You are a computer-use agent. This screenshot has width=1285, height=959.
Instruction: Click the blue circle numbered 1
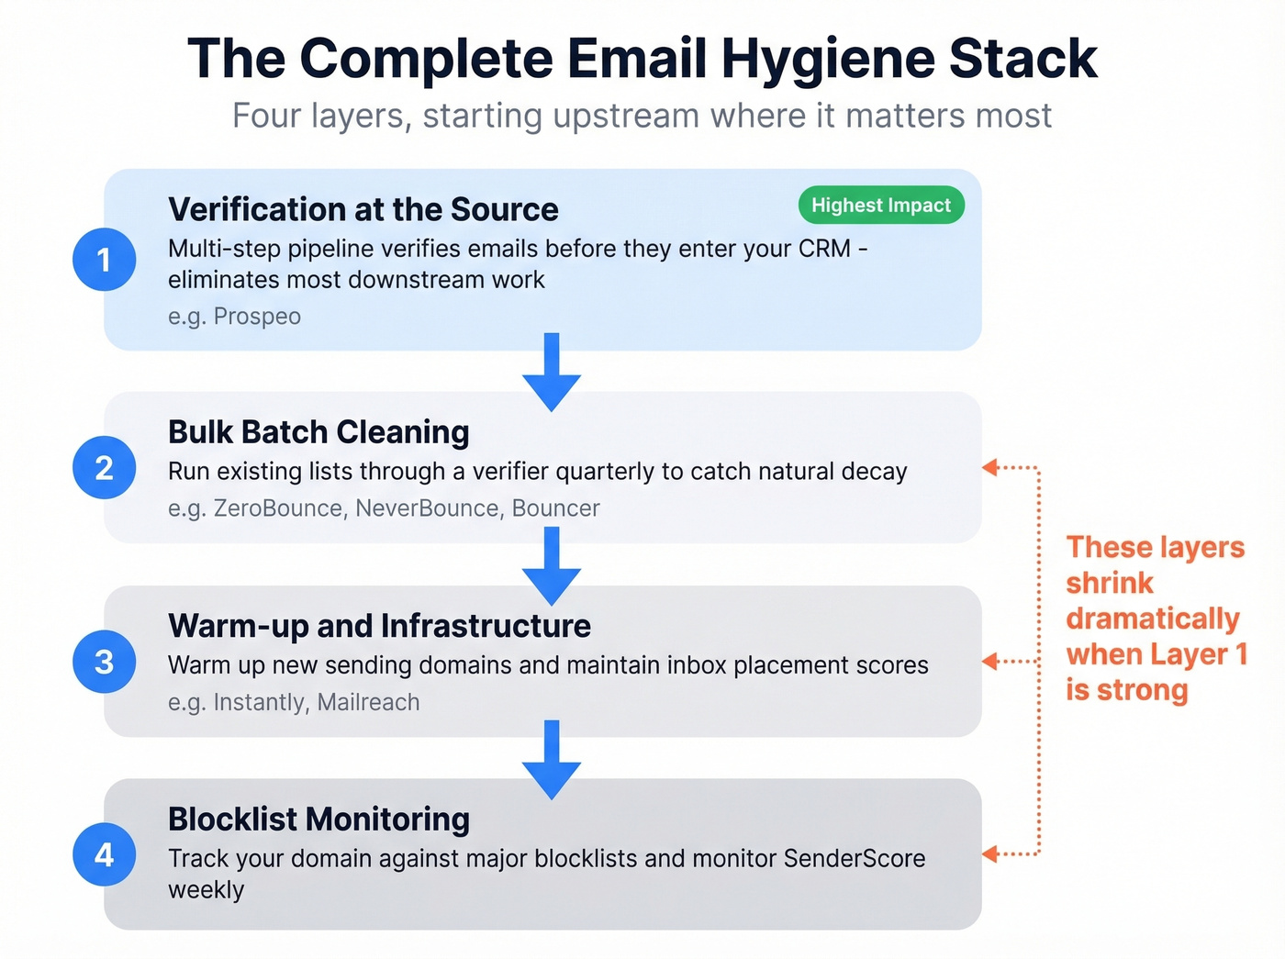point(105,260)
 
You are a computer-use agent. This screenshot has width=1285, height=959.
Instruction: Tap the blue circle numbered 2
point(105,468)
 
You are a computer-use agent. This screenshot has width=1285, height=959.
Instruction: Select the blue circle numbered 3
point(105,662)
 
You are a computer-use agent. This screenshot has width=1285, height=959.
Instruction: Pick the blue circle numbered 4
point(105,855)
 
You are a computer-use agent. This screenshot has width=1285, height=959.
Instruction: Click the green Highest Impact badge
point(881,206)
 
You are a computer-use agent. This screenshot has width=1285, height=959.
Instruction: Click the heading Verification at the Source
point(363,209)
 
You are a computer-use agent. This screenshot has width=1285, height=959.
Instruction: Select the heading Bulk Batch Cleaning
point(318,431)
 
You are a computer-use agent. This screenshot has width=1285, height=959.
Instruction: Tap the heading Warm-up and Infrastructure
point(379,626)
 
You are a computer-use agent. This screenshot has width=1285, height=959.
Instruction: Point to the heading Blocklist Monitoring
point(318,819)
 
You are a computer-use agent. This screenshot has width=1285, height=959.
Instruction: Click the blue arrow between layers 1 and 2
point(552,373)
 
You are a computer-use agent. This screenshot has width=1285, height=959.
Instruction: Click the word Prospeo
point(257,317)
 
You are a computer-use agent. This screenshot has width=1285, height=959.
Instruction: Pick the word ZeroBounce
point(277,508)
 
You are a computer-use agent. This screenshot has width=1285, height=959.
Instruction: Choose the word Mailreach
point(368,703)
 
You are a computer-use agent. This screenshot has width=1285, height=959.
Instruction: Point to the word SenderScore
point(854,859)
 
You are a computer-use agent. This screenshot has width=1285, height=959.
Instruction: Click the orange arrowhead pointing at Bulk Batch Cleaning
point(990,467)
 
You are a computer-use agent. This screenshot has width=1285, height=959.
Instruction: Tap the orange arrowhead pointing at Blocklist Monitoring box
point(990,854)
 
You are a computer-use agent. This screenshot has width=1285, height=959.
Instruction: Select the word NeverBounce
point(427,508)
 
